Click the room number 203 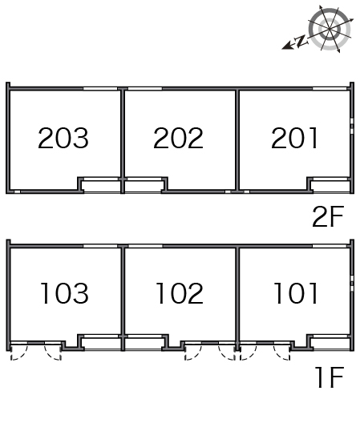click(63, 138)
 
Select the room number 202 click(178, 138)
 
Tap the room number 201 click(294, 138)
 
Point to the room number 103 click(64, 293)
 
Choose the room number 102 click(180, 293)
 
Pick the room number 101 click(296, 293)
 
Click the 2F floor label click(328, 216)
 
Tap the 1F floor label click(330, 377)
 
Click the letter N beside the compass click(301, 41)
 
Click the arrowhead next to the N click(288, 46)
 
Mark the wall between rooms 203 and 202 click(123, 140)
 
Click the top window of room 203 click(100, 88)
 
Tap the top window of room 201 click(330, 88)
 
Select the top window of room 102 click(145, 246)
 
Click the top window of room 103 click(100, 246)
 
